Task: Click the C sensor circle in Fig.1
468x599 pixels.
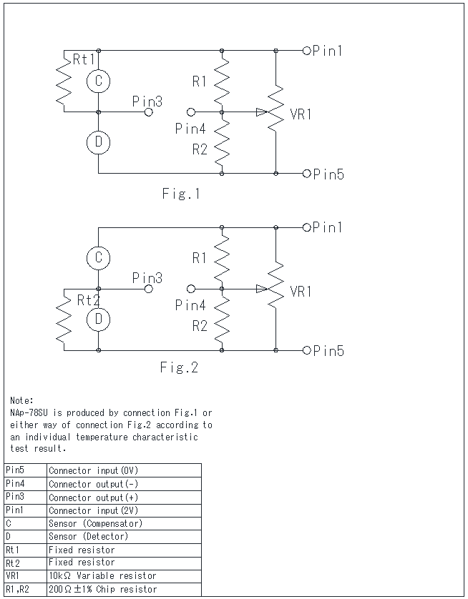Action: coord(98,81)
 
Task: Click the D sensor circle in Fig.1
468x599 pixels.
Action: coord(98,142)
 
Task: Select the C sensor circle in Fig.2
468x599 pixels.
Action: coord(98,257)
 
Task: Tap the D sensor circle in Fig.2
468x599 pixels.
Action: coord(98,319)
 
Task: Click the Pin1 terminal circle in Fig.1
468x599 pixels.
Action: coord(307,50)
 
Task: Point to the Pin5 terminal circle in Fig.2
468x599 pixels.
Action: coord(307,350)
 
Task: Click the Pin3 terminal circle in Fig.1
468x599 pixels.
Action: coord(149,112)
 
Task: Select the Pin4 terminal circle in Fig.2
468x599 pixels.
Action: coord(190,289)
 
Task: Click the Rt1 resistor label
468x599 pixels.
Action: coord(84,61)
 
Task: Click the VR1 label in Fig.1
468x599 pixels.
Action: coord(301,114)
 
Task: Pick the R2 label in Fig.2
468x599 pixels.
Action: coord(200,326)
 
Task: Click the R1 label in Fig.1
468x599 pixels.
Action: coord(200,81)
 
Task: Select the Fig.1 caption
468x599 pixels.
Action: coord(180,194)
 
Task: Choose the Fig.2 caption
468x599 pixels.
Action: coord(179,368)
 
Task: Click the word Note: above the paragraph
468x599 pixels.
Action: coord(21,401)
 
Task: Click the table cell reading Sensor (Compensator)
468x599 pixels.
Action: coord(95,523)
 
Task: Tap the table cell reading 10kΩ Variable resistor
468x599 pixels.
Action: coord(103,575)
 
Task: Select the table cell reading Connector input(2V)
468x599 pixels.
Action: coord(94,510)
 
